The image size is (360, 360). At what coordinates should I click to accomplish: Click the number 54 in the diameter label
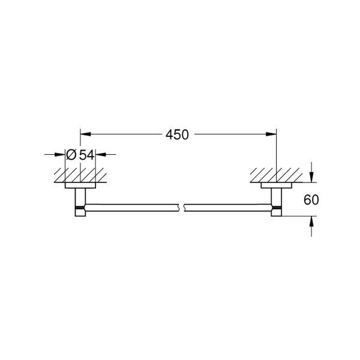pyautogui.click(x=87, y=155)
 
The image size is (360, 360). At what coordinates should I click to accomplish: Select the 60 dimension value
pyautogui.click(x=311, y=200)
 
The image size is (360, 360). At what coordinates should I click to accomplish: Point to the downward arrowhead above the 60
pyautogui.click(x=311, y=176)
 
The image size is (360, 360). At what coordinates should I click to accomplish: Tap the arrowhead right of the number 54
pyautogui.click(x=100, y=155)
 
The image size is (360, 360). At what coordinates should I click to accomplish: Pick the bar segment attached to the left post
pyautogui.click(x=132, y=208)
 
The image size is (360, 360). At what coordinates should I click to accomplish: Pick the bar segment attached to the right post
pyautogui.click(x=228, y=208)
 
